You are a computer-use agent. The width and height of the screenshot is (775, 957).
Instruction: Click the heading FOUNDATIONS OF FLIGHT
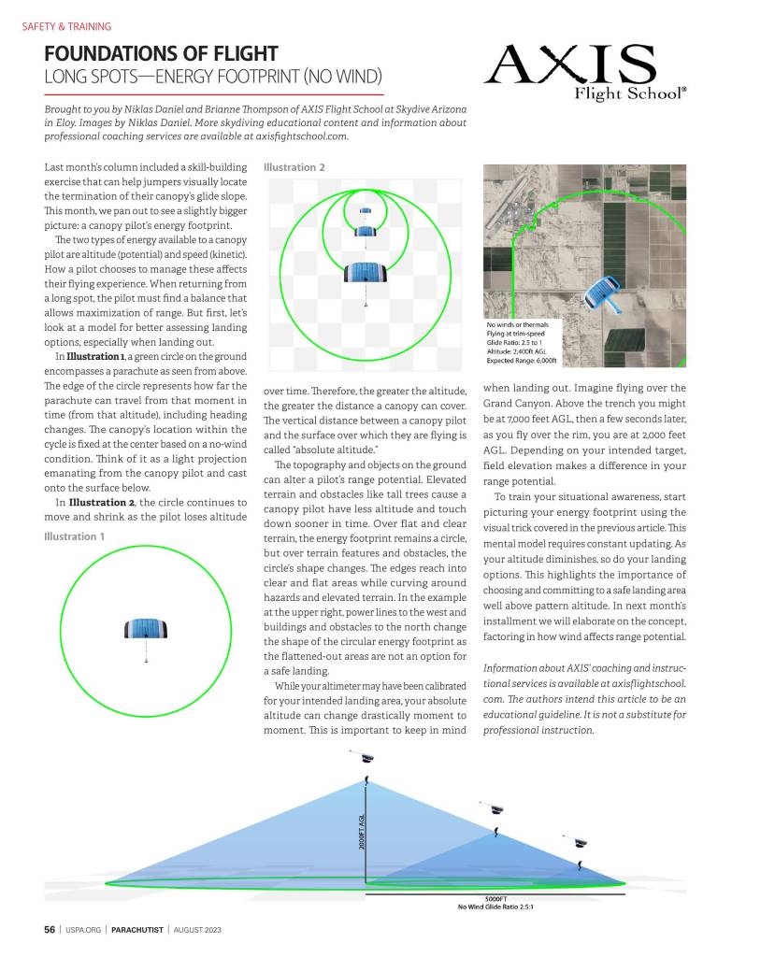click(161, 54)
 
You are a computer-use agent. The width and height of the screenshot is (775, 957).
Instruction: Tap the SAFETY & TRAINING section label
click(66, 27)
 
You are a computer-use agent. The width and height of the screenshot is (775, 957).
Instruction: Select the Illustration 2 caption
click(294, 168)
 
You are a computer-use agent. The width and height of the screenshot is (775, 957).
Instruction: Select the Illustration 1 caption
click(75, 536)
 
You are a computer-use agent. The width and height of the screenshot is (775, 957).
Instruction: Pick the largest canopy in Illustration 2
click(366, 272)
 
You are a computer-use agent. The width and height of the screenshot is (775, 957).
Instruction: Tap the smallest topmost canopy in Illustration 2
click(366, 210)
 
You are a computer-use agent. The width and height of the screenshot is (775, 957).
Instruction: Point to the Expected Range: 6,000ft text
click(522, 360)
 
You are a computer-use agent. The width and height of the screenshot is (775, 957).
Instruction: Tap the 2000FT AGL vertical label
click(362, 831)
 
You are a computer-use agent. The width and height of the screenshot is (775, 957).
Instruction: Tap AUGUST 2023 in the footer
click(196, 930)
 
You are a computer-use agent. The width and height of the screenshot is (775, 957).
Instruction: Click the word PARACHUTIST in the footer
click(138, 930)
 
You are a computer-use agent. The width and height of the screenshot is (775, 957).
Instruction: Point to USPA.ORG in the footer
click(83, 930)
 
